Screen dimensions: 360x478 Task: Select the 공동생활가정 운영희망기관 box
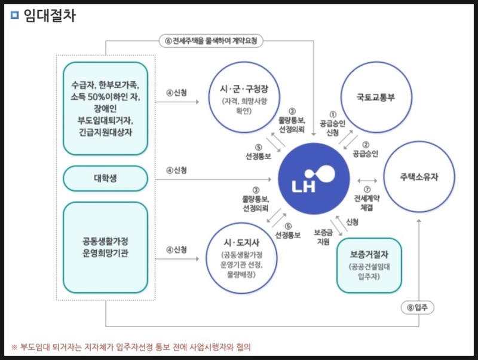point(105,246)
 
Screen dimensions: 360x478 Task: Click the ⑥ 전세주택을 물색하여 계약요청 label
point(213,41)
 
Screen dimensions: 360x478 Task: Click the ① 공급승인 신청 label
point(329,123)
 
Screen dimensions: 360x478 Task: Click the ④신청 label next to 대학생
point(177,170)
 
